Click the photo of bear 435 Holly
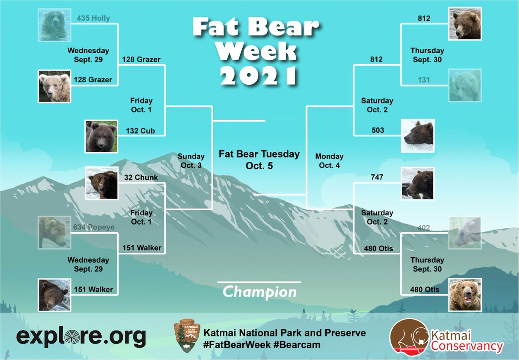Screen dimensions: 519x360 (x=54, y=25)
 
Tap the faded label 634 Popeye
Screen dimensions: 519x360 (x=94, y=227)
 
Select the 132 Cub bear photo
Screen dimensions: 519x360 (x=101, y=137)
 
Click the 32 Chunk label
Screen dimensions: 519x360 (x=141, y=177)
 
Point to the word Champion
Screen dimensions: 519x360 (x=259, y=292)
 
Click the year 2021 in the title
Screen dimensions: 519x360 (x=259, y=75)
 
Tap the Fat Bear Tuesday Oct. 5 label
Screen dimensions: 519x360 (x=259, y=160)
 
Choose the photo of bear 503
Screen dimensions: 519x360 (x=418, y=136)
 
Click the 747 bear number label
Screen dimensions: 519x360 (x=377, y=177)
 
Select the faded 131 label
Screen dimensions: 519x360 (x=424, y=80)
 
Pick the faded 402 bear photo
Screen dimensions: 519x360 (x=465, y=233)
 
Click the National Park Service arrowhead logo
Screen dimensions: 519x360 (x=186, y=335)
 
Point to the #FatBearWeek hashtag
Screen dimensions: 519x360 (x=237, y=345)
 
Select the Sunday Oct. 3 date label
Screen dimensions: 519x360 (x=191, y=161)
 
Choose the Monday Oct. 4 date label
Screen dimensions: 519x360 (x=329, y=161)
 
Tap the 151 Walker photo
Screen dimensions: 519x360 (x=54, y=295)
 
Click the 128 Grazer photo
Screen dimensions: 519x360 (x=54, y=86)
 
